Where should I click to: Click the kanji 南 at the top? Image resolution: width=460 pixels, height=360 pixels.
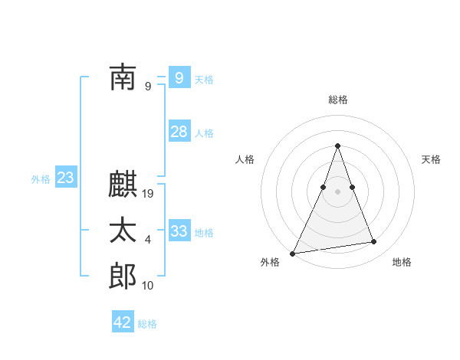pos(123,77)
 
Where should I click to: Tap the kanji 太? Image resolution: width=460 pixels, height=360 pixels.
pos(123,231)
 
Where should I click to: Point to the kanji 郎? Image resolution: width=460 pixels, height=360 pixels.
pos(123,277)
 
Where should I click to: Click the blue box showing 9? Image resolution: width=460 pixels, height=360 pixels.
pos(179,77)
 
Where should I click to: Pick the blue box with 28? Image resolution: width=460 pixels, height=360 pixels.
pos(179,132)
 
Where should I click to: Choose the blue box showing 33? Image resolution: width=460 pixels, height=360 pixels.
pos(179,231)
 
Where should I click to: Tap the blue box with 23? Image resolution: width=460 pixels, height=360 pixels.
pos(65,178)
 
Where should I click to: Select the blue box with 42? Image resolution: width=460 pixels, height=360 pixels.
pos(123,322)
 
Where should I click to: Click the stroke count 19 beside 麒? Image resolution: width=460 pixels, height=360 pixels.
pos(149,194)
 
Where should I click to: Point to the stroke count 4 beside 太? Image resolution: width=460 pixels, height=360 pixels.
pos(148,240)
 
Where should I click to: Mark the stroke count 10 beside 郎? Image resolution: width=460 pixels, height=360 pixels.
pos(148,286)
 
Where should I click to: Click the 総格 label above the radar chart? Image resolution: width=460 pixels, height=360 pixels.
pos(338,100)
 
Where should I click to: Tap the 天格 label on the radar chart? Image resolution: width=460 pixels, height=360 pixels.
pos(432,159)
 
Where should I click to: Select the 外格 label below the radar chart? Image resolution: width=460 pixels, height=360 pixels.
pos(269,262)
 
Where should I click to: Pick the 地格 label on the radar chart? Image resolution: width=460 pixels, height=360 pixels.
pos(402,262)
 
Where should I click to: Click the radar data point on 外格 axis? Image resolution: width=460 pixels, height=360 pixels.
pos(293,253)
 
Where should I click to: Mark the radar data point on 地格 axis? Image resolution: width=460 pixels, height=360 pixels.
pos(374,242)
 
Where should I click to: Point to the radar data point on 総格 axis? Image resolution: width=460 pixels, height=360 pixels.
pos(338,146)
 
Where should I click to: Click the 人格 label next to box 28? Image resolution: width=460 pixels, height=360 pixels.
pos(204,133)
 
